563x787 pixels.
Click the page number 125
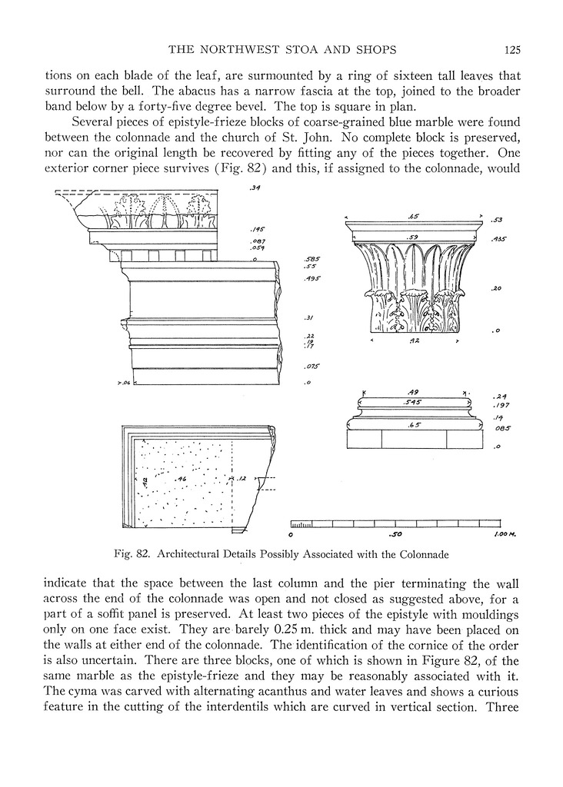(513, 51)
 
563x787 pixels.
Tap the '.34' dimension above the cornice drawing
(255, 199)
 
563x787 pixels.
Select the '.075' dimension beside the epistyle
(311, 366)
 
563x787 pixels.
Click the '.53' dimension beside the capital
(497, 221)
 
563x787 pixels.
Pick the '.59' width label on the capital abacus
(413, 237)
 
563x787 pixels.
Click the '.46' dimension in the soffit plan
(182, 479)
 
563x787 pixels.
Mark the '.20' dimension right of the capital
(496, 288)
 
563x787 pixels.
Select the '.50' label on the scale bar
(396, 533)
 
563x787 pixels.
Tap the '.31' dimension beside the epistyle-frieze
(309, 317)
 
